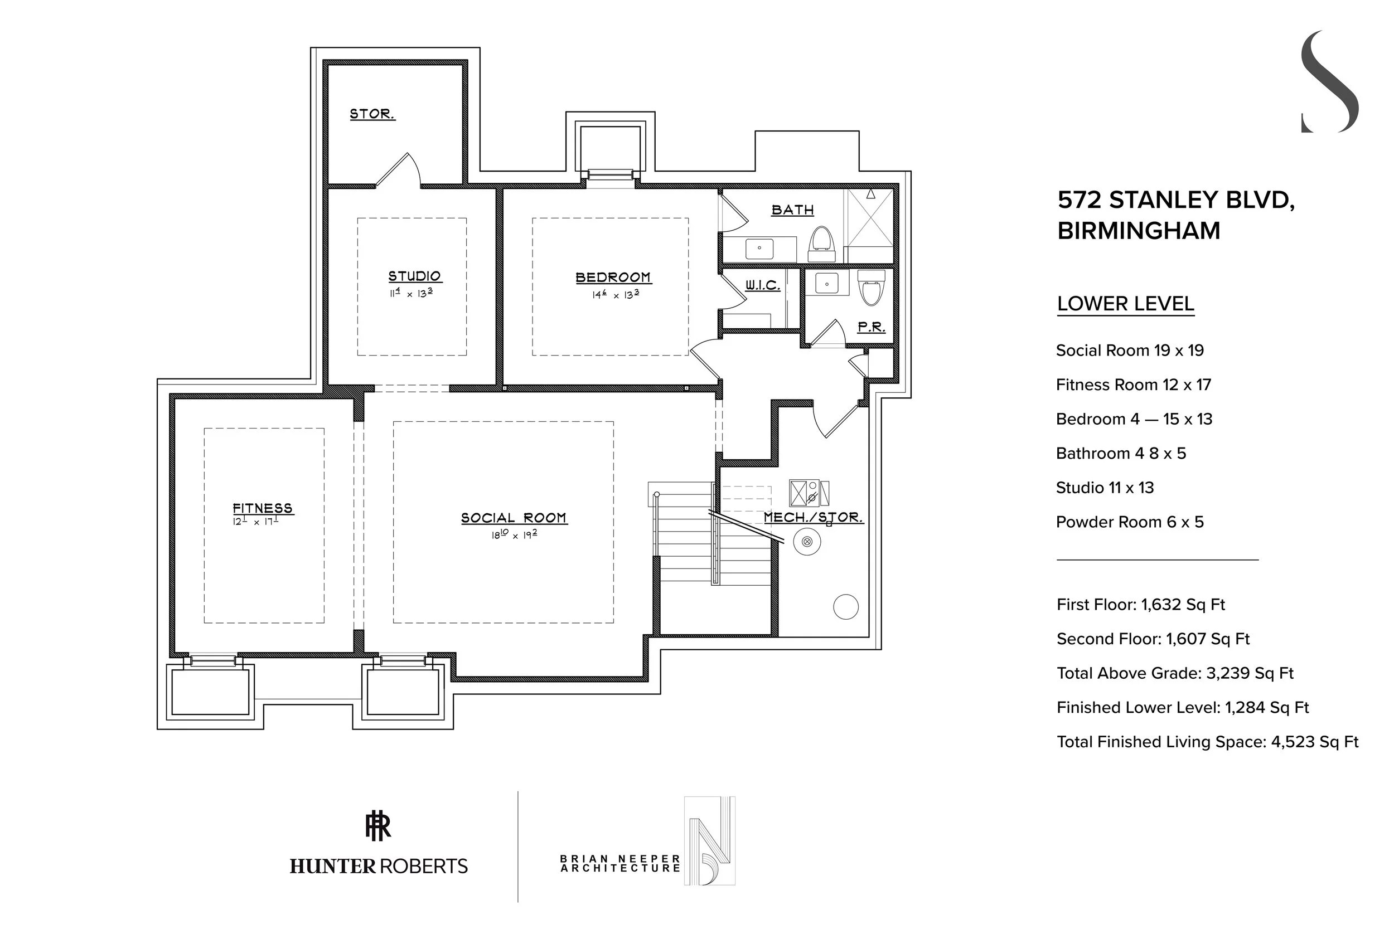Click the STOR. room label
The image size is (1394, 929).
click(372, 114)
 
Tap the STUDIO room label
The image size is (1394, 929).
click(414, 276)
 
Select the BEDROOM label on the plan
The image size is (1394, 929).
click(613, 278)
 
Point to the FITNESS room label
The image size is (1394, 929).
click(263, 508)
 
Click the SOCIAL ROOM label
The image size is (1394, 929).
click(514, 518)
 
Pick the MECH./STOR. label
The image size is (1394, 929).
click(813, 517)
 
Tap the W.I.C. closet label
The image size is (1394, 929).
click(762, 285)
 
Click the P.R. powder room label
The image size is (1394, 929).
click(871, 327)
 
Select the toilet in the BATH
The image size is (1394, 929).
click(822, 244)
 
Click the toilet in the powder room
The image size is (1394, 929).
click(871, 288)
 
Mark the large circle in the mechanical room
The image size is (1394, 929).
click(846, 607)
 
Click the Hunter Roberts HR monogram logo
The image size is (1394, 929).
click(378, 826)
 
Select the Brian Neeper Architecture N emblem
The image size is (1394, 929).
click(709, 841)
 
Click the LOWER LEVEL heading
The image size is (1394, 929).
click(1125, 304)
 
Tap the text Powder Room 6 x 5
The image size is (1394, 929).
click(1130, 522)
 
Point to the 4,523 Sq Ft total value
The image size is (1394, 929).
click(1315, 742)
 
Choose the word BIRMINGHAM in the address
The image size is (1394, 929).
click(1139, 231)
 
